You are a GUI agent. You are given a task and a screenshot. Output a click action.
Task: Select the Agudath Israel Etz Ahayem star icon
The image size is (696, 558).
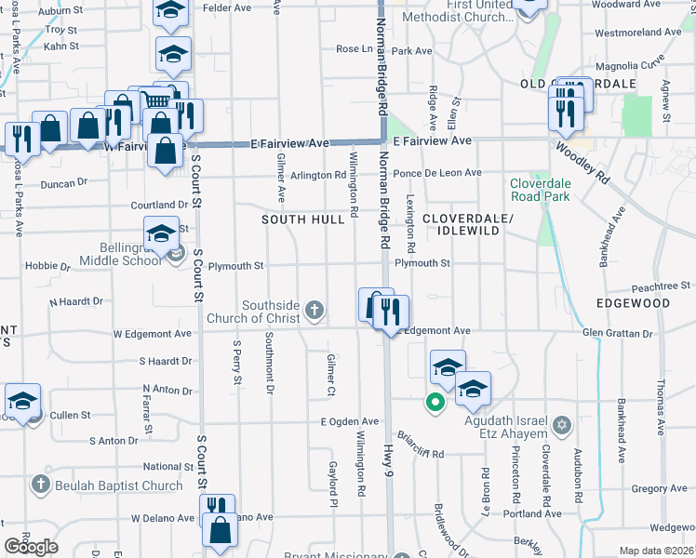pyautogui.click(x=560, y=425)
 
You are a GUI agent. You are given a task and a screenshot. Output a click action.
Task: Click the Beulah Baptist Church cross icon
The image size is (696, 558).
pyautogui.click(x=40, y=485)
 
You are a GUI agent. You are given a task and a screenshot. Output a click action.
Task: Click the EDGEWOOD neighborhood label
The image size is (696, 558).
pyautogui.click(x=636, y=303)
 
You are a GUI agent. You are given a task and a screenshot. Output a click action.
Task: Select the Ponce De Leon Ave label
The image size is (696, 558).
pyautogui.click(x=437, y=173)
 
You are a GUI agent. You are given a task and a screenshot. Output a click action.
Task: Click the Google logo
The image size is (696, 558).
pyautogui.click(x=31, y=547)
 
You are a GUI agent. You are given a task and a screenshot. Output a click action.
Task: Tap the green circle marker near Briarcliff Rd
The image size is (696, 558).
pyautogui.click(x=434, y=403)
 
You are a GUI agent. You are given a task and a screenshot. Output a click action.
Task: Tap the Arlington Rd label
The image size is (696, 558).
pyautogui.click(x=317, y=175)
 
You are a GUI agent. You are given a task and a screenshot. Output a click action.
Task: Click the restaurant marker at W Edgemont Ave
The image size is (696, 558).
pyautogui.click(x=391, y=312)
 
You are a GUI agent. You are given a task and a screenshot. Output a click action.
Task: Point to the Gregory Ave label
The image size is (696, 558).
pyautogui.click(x=659, y=488)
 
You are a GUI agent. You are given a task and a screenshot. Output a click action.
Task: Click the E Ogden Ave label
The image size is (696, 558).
pyautogui.click(x=350, y=421)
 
